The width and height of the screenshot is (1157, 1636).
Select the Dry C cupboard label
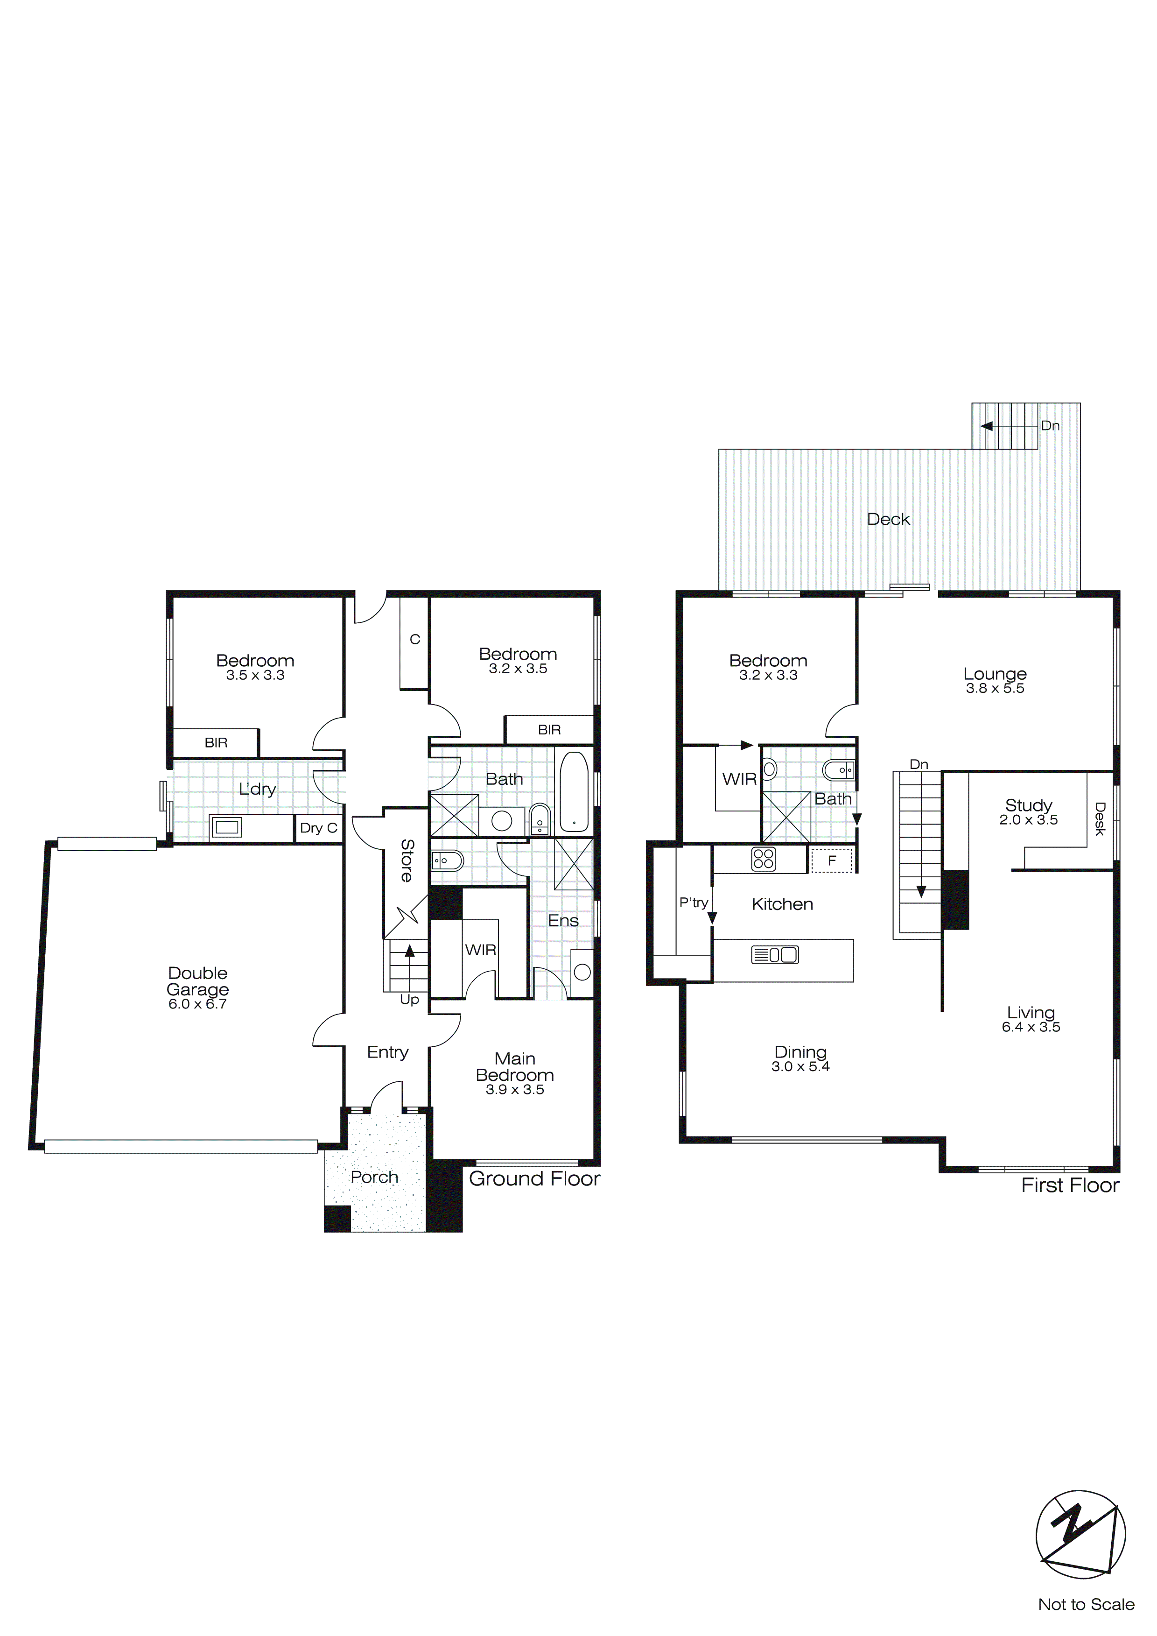(318, 828)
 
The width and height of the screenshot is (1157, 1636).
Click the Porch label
(374, 1177)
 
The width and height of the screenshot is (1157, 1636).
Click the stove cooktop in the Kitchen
(763, 860)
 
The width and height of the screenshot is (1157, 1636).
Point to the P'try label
(693, 903)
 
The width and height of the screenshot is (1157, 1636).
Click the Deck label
(889, 520)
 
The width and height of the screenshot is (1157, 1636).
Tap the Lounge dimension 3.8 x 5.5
(995, 688)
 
